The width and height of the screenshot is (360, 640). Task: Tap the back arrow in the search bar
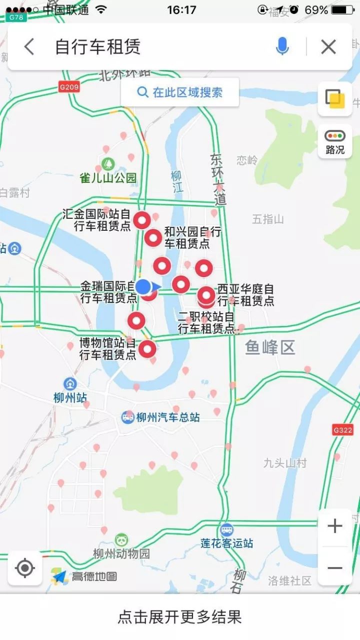coord(29,47)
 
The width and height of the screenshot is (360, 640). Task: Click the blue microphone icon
coord(282,46)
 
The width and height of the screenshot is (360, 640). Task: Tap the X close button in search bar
coord(328,47)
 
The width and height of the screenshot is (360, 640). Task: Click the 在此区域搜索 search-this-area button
coord(180,92)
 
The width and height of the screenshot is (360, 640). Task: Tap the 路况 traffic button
coord(335,141)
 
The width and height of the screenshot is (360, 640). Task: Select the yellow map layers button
coord(335,98)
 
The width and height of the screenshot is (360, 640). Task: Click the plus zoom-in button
coord(334,526)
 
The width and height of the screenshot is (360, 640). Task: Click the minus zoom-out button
coord(334,568)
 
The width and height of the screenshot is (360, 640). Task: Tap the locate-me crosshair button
coord(25,569)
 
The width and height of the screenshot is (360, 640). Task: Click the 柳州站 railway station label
coord(70,397)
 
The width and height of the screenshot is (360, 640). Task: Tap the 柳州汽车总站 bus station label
coord(168,417)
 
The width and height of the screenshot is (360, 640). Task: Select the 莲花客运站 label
coord(227,543)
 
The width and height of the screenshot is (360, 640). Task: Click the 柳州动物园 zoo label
coord(121,554)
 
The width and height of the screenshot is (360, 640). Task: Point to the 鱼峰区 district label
coord(270,347)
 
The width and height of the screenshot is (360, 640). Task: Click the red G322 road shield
coord(342,430)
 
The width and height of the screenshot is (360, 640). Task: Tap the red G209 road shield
coord(69,87)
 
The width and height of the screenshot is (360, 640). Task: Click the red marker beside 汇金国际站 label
coord(142,219)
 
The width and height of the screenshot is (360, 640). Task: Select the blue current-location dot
coord(143,286)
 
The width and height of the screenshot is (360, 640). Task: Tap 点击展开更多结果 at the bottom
coord(180,617)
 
